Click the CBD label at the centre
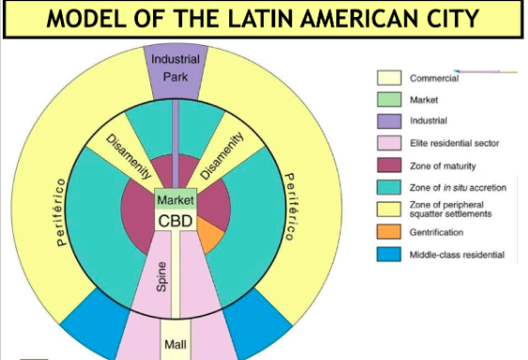tap(176, 221)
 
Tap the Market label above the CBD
tap(176, 200)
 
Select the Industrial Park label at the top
tap(175, 68)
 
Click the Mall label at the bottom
tap(176, 344)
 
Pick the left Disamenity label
tap(129, 156)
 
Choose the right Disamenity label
tap(221, 154)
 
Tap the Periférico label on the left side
tap(62, 211)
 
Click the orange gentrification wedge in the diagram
tap(210, 233)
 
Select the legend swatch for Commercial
tap(389, 78)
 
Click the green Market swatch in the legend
tap(389, 99)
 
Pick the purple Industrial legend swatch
tap(389, 121)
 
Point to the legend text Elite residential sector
tap(456, 143)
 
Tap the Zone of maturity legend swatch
tap(389, 165)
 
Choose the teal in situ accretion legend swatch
tap(389, 187)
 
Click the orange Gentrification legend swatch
tap(389, 231)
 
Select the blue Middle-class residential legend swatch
tap(389, 254)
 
